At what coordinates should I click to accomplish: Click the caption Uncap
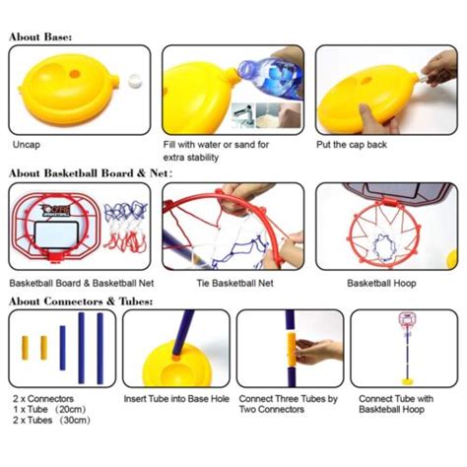28,144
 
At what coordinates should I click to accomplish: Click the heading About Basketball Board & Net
90,172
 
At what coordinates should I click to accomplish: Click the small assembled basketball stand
405,350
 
